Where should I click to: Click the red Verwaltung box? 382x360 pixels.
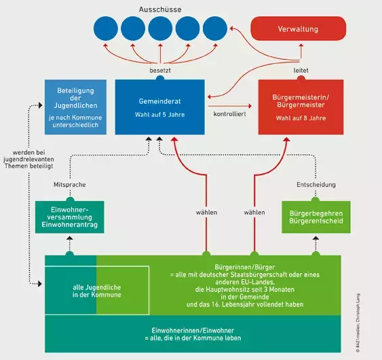click(x=299, y=30)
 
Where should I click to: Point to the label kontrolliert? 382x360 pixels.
click(x=231, y=115)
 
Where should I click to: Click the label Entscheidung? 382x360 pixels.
click(x=315, y=185)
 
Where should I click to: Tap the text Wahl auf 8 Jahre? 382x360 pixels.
click(x=299, y=118)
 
